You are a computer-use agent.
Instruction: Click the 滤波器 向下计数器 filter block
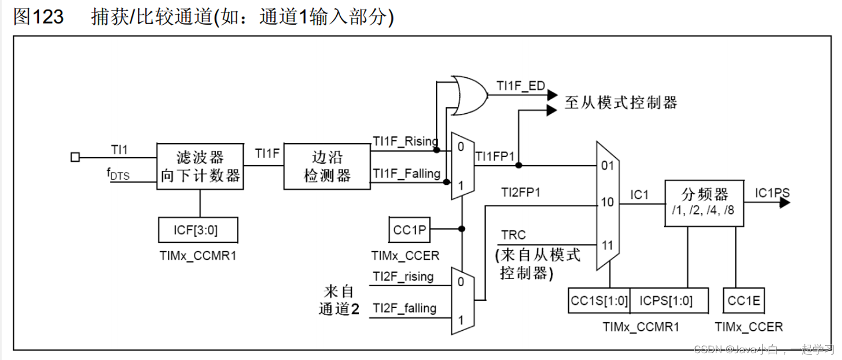point(201,166)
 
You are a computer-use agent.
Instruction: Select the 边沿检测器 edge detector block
point(327,166)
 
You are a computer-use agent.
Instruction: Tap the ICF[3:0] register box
point(198,230)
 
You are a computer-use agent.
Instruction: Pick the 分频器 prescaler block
point(705,203)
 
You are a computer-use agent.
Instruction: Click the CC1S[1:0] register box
point(599,301)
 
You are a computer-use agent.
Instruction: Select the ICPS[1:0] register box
point(669,301)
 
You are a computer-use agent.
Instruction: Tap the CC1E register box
point(744,301)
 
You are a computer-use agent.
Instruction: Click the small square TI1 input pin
point(75,158)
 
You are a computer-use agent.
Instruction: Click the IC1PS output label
point(772,193)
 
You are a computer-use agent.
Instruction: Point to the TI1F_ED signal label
point(520,86)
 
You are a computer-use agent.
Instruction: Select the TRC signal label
point(513,235)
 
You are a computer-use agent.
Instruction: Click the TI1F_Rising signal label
point(406,141)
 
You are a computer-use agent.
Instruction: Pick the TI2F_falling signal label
point(404,308)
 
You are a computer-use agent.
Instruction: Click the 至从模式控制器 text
point(620,103)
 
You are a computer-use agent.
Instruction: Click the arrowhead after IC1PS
point(785,203)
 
